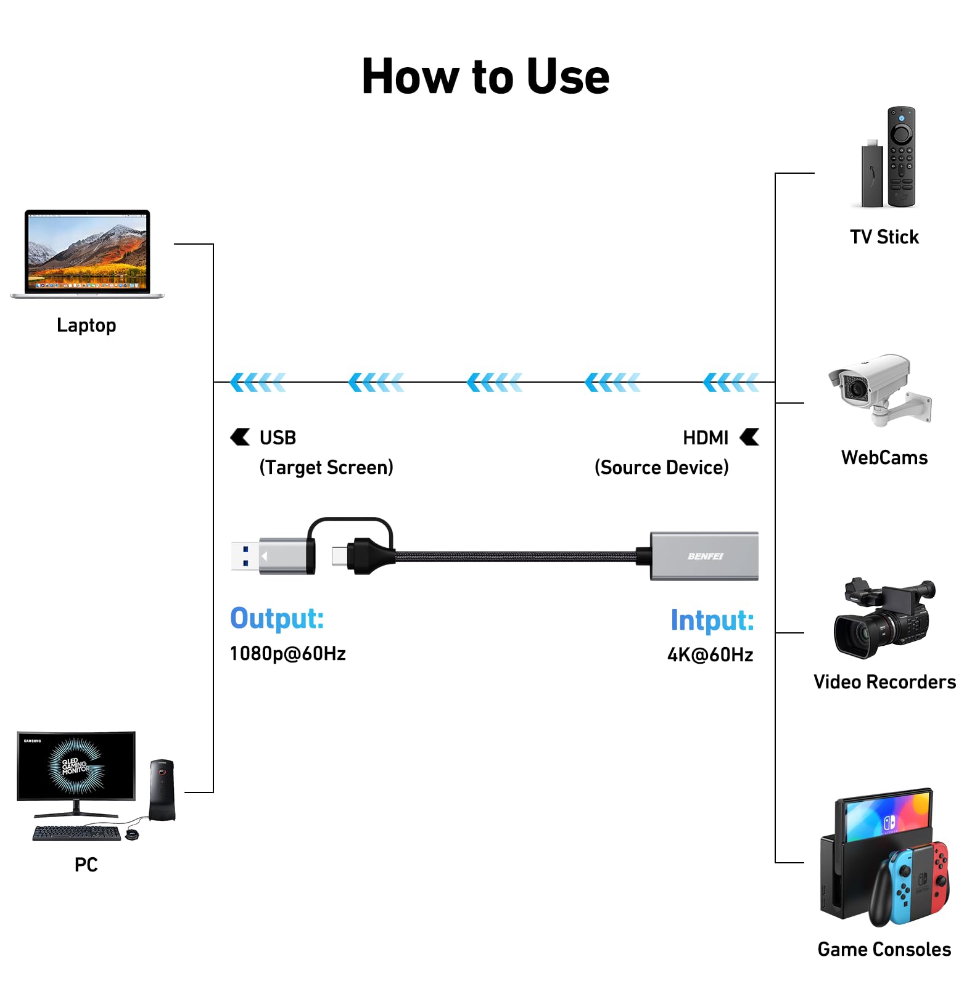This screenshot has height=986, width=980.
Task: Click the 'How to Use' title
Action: [x=485, y=76]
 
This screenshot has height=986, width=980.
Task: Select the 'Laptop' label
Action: [x=86, y=325]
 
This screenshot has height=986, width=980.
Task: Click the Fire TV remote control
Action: [x=901, y=157]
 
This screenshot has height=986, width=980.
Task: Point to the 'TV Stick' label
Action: [x=884, y=237]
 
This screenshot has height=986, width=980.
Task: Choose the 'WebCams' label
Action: [x=884, y=457]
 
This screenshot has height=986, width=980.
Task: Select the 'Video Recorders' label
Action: [x=884, y=682]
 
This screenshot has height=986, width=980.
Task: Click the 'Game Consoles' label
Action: [x=884, y=949]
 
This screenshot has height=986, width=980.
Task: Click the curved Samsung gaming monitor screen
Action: [x=76, y=765]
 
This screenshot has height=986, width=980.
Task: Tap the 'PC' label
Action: [x=86, y=865]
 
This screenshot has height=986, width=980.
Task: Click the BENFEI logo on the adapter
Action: [x=705, y=556]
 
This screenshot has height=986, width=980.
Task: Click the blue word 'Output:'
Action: [x=277, y=619]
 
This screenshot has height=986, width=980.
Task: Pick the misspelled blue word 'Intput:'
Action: [x=712, y=620]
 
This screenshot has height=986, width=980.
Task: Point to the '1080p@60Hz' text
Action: [x=287, y=653]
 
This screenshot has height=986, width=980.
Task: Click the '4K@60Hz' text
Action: [x=710, y=654]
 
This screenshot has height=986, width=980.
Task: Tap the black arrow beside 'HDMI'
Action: [x=750, y=437]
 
